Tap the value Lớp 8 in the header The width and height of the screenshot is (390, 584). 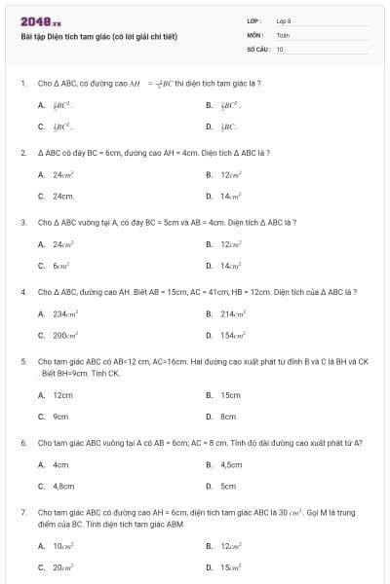(x=284, y=20)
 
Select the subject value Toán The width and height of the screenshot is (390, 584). (x=283, y=34)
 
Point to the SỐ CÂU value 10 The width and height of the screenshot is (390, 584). (x=280, y=48)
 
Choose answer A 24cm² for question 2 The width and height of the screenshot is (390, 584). (x=63, y=175)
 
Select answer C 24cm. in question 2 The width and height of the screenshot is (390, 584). (x=63, y=196)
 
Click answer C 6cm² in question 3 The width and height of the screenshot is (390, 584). (x=59, y=266)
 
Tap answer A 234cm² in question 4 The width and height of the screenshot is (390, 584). (x=66, y=314)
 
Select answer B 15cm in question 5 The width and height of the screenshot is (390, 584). (x=230, y=395)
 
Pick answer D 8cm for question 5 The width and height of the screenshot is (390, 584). (x=228, y=417)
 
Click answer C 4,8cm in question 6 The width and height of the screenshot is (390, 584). (x=63, y=486)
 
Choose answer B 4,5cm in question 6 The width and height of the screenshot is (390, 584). (x=231, y=465)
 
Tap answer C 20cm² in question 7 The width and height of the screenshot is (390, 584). (x=63, y=566)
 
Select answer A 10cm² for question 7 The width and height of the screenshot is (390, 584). (x=63, y=546)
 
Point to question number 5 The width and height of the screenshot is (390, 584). (x=22, y=360)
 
